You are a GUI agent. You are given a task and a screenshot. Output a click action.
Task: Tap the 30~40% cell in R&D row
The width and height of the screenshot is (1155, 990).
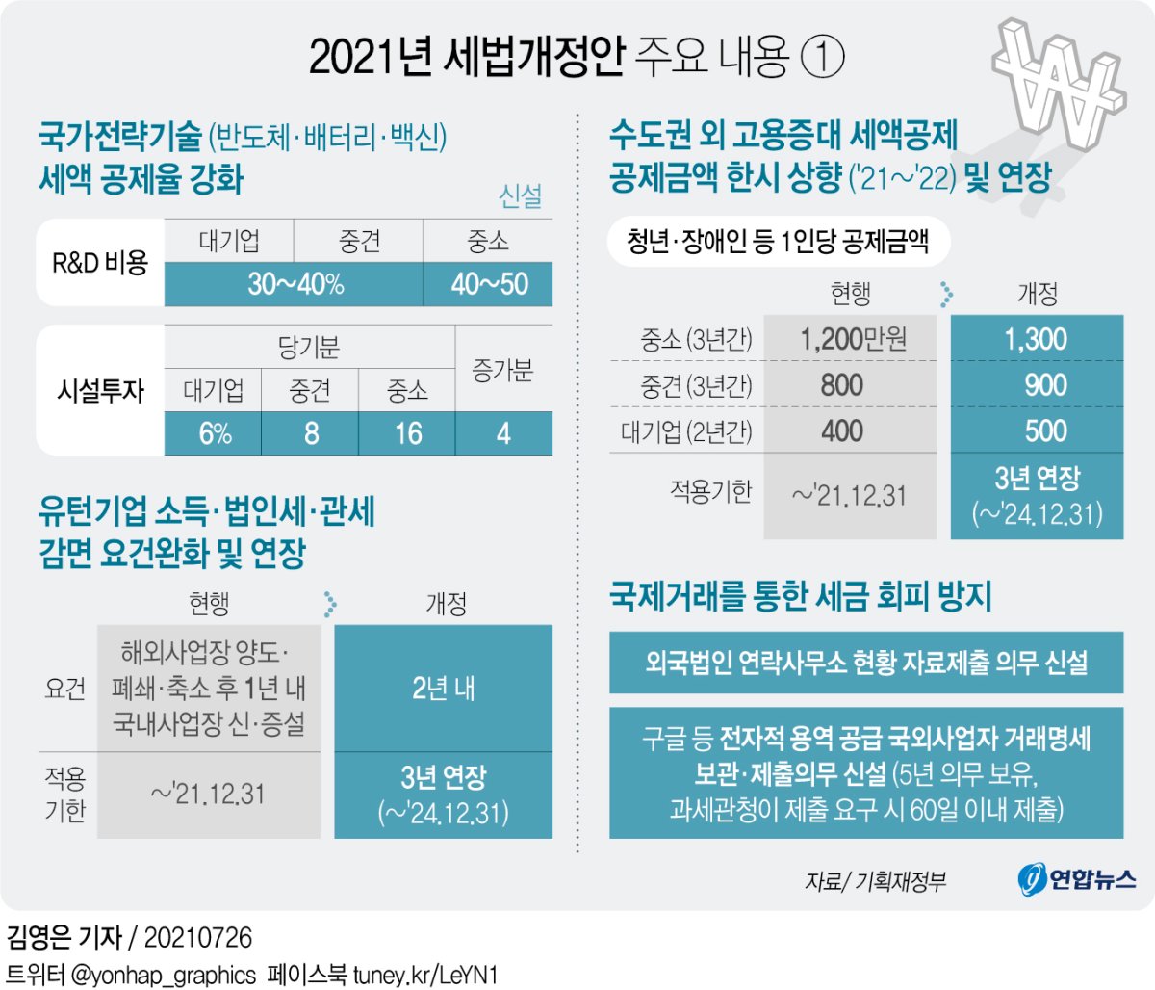[295, 284]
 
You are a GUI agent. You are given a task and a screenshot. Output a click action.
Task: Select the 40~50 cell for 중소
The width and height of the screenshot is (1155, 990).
[488, 284]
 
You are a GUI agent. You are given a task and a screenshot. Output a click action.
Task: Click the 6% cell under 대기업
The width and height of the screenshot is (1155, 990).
[214, 433]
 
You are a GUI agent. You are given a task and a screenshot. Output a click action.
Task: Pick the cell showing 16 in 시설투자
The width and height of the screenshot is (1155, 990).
[407, 433]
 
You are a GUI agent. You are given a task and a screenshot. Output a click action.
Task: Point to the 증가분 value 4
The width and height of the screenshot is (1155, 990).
[503, 433]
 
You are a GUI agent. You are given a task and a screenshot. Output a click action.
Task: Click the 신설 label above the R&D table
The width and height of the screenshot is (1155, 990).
[520, 196]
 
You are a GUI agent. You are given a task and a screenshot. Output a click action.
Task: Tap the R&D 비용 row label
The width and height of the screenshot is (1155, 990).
[100, 262]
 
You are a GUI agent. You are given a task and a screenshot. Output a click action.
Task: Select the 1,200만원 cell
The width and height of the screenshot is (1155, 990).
[851, 339]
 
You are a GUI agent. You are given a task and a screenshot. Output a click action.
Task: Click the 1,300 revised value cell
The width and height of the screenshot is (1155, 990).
[1037, 339]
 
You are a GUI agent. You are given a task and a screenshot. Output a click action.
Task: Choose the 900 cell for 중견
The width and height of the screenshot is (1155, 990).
[1037, 385]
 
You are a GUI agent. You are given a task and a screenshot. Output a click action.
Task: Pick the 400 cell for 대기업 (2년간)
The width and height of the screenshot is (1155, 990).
[843, 430]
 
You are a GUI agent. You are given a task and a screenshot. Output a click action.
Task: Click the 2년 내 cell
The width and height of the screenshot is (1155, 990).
[443, 689]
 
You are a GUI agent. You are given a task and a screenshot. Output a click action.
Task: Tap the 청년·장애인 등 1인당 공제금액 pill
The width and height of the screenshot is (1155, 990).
[778, 241]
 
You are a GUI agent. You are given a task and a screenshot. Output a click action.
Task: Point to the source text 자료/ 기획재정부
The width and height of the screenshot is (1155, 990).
[875, 880]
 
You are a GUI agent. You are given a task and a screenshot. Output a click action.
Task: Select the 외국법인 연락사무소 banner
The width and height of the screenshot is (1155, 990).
[866, 663]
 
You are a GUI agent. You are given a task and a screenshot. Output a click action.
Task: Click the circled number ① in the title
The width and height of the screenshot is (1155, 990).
[822, 58]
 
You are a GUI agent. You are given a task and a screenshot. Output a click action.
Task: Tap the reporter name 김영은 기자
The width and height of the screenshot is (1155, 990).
[64, 937]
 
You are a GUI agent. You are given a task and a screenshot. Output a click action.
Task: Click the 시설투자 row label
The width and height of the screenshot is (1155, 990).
[100, 390]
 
